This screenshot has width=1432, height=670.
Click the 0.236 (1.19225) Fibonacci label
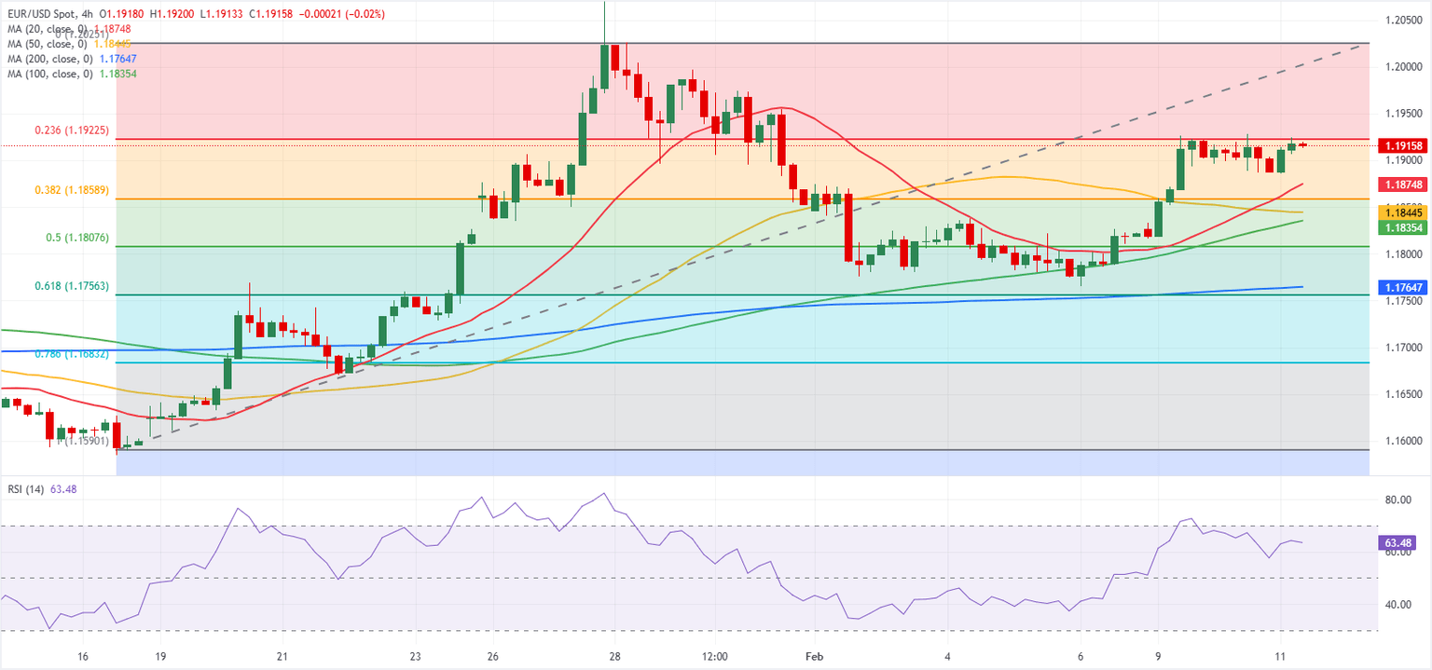70,131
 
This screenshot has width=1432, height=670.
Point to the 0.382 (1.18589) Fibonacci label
70,190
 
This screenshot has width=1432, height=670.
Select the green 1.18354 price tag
1403,227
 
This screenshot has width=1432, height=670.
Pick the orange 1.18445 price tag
1403,212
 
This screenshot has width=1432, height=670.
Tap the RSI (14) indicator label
26,489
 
